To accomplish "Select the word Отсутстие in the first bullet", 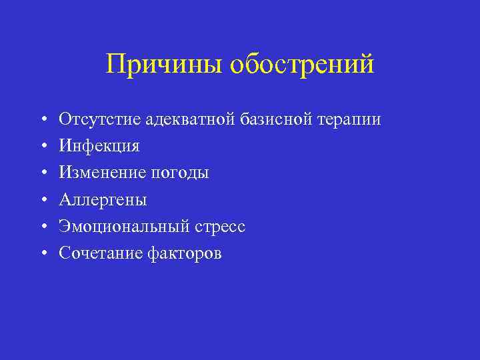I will (x=100, y=119).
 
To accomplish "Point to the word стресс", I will (x=220, y=227).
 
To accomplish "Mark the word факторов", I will (x=183, y=253).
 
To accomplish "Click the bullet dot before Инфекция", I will (x=43, y=147).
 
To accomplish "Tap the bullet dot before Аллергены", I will (x=43, y=200).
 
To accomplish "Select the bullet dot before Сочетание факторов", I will (x=43, y=253).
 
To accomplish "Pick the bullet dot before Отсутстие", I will (x=43, y=120).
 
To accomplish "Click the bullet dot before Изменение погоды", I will (x=43, y=173).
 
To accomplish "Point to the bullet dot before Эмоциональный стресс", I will (x=43, y=227).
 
